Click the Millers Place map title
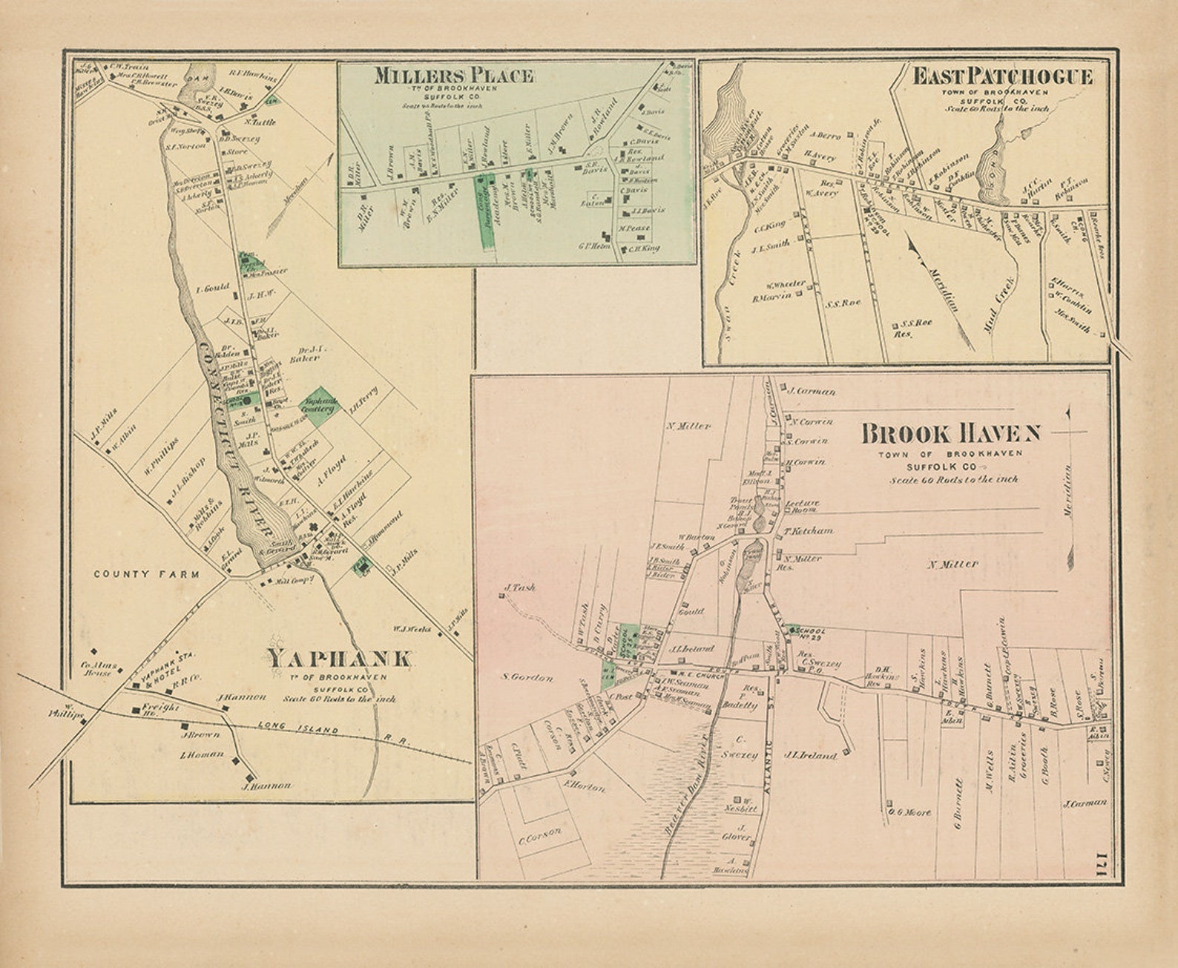tap(453, 76)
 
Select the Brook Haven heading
tap(950, 432)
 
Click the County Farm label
tap(147, 574)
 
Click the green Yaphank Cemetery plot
tap(319, 406)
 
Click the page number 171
tap(1102, 864)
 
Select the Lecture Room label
tap(802, 506)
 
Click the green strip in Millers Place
tap(485, 211)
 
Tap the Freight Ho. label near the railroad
tap(161, 708)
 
